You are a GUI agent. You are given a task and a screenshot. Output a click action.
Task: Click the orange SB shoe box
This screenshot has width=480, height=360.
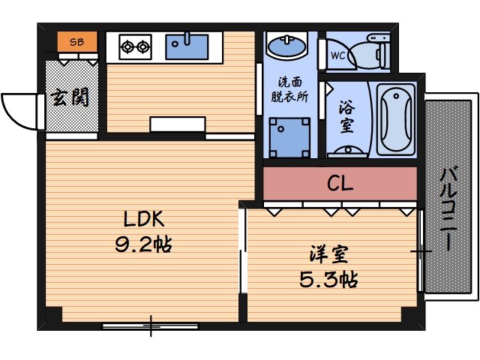click(x=77, y=42)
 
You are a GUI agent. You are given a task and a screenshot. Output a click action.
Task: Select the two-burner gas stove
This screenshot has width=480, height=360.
click(x=136, y=46)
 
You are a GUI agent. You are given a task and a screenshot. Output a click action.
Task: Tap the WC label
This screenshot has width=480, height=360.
click(x=337, y=55)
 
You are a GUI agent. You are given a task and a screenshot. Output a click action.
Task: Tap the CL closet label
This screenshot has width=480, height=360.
click(x=340, y=183)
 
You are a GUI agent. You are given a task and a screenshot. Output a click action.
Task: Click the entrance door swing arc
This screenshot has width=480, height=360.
click(x=19, y=111)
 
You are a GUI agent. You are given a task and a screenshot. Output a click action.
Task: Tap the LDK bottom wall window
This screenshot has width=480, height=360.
click(x=150, y=325)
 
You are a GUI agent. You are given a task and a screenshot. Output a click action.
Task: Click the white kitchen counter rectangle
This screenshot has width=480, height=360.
click(x=178, y=124)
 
